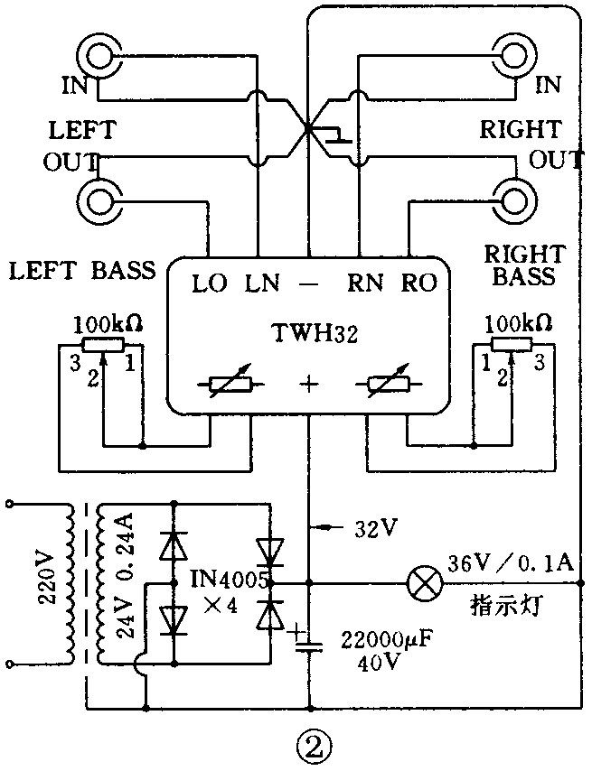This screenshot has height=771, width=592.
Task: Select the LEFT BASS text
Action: tap(81, 269)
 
